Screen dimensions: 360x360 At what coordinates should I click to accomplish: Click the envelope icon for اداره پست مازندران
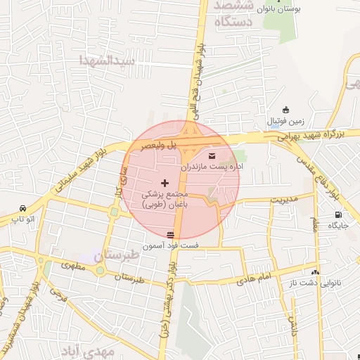pyautogui.click(x=212, y=155)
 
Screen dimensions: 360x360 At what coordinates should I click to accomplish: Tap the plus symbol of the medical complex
pyautogui.click(x=165, y=183)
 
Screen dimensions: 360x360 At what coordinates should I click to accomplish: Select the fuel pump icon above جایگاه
pyautogui.click(x=339, y=214)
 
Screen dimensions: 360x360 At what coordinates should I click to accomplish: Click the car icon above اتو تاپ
pyautogui.click(x=24, y=209)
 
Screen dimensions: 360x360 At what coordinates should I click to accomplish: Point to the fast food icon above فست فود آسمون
pyautogui.click(x=170, y=234)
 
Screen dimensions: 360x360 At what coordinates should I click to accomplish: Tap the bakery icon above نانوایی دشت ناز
pyautogui.click(x=315, y=272)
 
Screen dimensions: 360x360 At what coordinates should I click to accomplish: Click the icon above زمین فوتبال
pyautogui.click(x=285, y=110)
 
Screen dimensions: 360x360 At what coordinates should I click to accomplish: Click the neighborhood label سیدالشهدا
pyautogui.click(x=106, y=60)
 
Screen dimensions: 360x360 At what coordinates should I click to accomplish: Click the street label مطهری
pyautogui.click(x=73, y=266)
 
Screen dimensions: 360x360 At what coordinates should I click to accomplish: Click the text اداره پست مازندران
pyautogui.click(x=212, y=167)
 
